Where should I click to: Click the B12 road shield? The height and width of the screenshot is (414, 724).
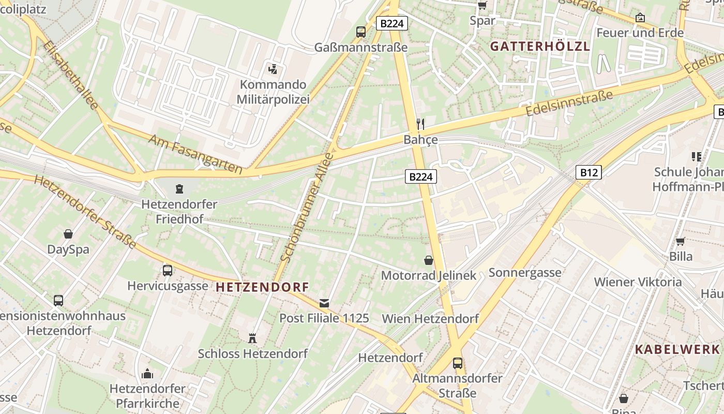(x=589, y=172)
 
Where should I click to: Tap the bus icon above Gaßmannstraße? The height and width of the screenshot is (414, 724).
(x=361, y=32)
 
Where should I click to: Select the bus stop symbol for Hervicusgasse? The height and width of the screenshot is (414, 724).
(x=167, y=270)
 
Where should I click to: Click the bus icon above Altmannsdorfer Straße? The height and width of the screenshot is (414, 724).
(x=457, y=363)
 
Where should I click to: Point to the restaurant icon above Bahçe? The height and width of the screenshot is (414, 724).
(x=420, y=124)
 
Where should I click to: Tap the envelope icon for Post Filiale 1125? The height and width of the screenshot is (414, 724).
(x=324, y=303)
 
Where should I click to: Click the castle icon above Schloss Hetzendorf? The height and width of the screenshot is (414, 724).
(x=252, y=338)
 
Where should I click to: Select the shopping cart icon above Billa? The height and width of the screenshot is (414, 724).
(x=681, y=241)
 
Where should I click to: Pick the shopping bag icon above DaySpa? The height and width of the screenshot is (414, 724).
(x=68, y=234)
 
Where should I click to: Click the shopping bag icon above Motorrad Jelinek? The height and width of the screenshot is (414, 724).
(x=428, y=260)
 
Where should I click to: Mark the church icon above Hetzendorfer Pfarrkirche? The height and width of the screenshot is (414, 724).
(x=147, y=374)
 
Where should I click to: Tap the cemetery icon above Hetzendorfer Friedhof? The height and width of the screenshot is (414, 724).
(x=179, y=188)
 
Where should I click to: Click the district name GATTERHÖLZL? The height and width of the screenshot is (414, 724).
(x=540, y=46)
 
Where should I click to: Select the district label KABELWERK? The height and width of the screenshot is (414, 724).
(x=677, y=349)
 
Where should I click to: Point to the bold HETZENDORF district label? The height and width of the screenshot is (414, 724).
(x=262, y=287)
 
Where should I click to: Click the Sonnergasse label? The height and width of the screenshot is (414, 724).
(x=525, y=273)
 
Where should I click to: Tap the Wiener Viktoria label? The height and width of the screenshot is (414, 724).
(x=638, y=282)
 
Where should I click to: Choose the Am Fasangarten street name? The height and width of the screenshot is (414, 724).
(x=195, y=154)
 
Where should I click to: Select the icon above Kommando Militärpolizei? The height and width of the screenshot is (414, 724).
(x=273, y=68)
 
